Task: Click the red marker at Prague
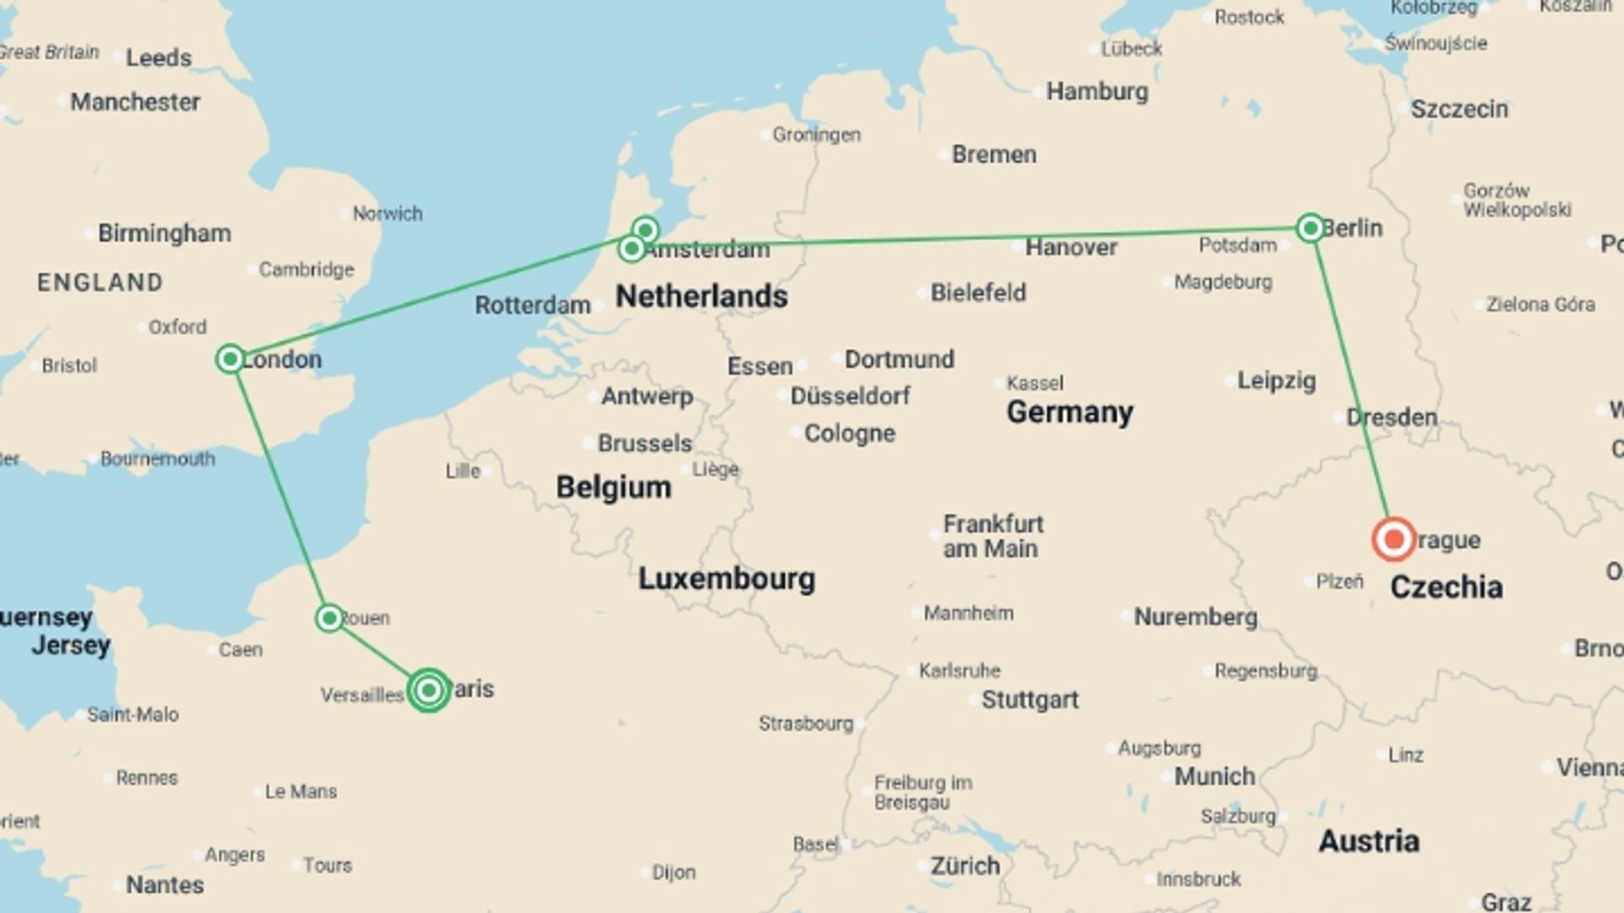[x=1393, y=539]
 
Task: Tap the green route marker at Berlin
[x=1310, y=227]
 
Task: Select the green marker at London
[x=230, y=359]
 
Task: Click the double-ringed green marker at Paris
[x=429, y=691]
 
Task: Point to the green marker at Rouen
[x=330, y=618]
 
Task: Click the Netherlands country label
[x=701, y=297]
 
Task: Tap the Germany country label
[x=1069, y=413]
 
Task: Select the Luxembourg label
[x=727, y=579]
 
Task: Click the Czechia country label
[x=1446, y=587]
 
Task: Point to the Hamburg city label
[x=1097, y=91]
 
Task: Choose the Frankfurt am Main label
[x=993, y=536]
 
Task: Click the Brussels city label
[x=645, y=443]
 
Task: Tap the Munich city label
[x=1214, y=776]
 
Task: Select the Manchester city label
[x=134, y=102]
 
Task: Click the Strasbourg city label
[x=805, y=724]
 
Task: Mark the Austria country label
[x=1369, y=841]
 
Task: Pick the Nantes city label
[x=165, y=885]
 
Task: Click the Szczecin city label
[x=1459, y=109]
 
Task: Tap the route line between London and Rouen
[x=280, y=489]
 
